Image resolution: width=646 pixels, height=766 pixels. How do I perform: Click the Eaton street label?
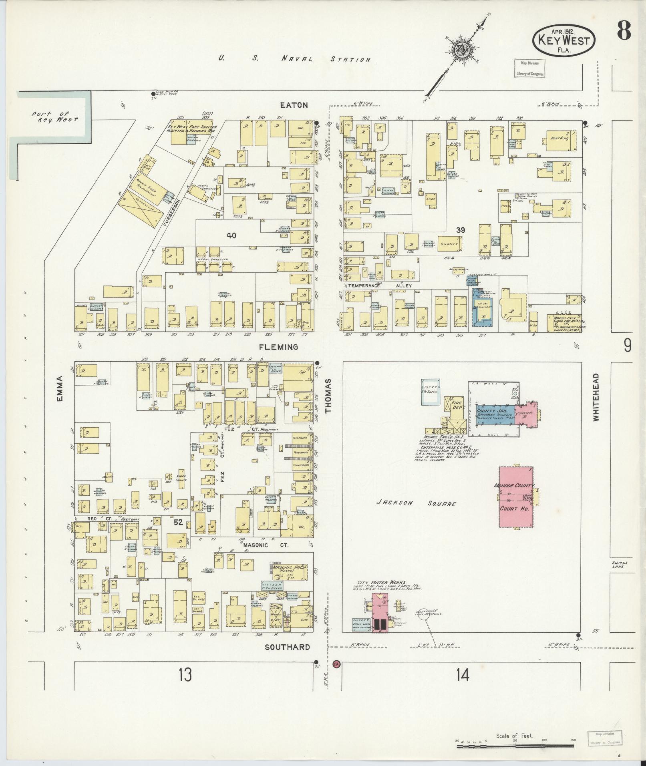coord(294,105)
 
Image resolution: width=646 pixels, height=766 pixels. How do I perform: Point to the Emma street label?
coord(60,388)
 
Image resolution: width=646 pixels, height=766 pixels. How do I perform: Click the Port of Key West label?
coord(55,117)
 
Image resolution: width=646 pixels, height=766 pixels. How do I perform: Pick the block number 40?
coord(231,236)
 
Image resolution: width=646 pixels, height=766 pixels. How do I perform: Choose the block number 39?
coord(461,230)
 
